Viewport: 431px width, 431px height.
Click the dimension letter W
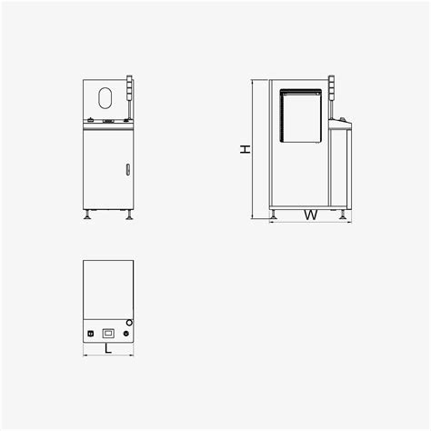click(x=310, y=216)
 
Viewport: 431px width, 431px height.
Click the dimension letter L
click(x=108, y=347)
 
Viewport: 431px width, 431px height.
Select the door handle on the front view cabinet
click(x=127, y=169)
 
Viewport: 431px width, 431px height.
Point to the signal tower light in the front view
click(x=130, y=91)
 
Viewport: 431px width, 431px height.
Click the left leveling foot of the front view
click(x=87, y=215)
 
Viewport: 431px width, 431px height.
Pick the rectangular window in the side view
click(x=303, y=115)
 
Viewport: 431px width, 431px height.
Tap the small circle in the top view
click(x=128, y=324)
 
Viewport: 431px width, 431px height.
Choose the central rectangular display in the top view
click(x=108, y=333)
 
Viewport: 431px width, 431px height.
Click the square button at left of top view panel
click(x=89, y=334)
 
